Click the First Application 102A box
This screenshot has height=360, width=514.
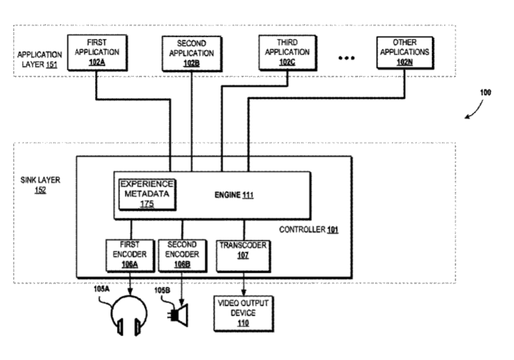pyautogui.click(x=97, y=53)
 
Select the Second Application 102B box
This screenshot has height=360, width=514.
pyautogui.click(x=192, y=54)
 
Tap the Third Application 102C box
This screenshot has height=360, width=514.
pyautogui.click(x=288, y=52)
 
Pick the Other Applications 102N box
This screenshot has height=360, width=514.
pyautogui.click(x=405, y=52)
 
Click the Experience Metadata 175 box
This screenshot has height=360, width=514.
pyautogui.click(x=147, y=194)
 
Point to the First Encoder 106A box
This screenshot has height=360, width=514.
pyautogui.click(x=130, y=256)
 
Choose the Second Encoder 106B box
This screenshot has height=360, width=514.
pyautogui.click(x=182, y=256)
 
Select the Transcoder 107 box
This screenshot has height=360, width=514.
pyautogui.click(x=243, y=256)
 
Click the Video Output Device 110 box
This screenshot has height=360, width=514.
pyautogui.click(x=244, y=314)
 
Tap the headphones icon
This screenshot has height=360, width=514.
pyautogui.click(x=129, y=315)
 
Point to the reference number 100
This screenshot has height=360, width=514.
pyautogui.click(x=486, y=92)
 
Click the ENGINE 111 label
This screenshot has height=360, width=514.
pyautogui.click(x=234, y=195)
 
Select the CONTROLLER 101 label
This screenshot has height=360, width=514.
pyautogui.click(x=309, y=229)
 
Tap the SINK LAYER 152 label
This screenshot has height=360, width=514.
pyautogui.click(x=40, y=185)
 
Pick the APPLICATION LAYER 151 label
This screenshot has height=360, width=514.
pyautogui.click(x=40, y=59)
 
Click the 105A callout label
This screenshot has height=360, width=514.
pyautogui.click(x=102, y=289)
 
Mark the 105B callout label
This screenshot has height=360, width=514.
pyautogui.click(x=162, y=290)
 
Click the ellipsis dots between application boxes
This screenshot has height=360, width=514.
pyautogui.click(x=346, y=58)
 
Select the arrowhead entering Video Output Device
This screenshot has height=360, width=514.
pyautogui.click(x=244, y=292)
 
